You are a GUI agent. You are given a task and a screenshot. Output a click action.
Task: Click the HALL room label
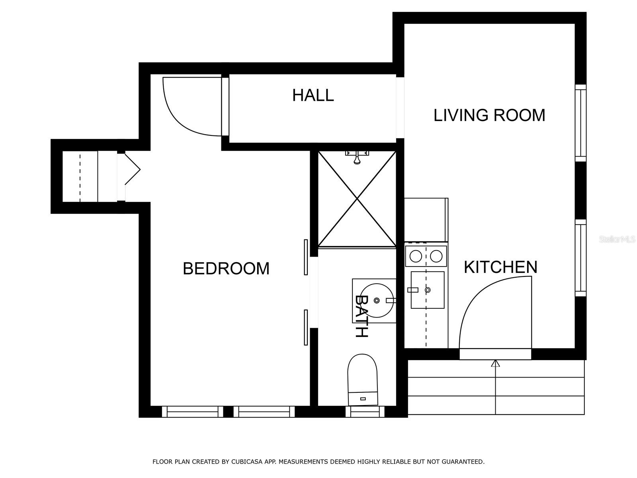(313, 95)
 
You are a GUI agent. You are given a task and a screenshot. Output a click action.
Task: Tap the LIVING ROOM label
(489, 115)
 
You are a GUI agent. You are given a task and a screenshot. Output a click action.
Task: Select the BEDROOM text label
(226, 268)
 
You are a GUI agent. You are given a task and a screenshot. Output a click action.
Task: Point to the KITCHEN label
(500, 267)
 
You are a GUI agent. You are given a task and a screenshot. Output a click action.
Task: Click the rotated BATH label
(361, 316)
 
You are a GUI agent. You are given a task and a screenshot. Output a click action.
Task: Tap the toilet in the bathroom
(362, 380)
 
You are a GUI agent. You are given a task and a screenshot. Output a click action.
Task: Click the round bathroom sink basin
(377, 300)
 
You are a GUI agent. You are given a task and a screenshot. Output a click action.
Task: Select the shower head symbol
(357, 157)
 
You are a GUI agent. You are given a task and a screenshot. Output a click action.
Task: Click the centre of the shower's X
(357, 199)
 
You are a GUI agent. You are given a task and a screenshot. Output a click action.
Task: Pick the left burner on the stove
(416, 256)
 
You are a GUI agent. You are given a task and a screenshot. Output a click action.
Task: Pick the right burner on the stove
(436, 256)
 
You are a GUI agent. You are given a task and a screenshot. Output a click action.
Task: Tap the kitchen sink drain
(428, 290)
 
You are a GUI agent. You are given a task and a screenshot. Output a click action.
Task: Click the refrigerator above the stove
(426, 220)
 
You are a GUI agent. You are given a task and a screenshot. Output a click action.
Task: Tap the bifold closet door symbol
(133, 170)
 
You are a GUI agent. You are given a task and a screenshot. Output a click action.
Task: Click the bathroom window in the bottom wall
(365, 411)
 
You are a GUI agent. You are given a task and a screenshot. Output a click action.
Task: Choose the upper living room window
(581, 123)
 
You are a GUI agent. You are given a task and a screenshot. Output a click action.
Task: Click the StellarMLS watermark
(617, 240)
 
